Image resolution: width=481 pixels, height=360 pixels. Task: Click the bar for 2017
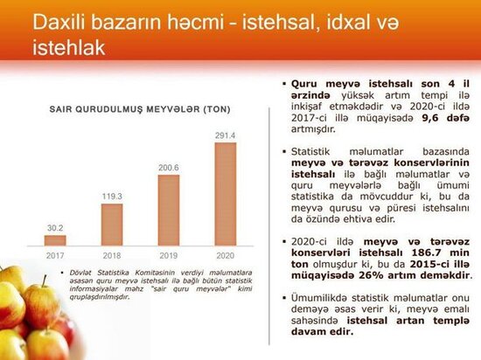tap(55, 239)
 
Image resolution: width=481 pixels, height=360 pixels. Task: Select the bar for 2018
tap(112, 223)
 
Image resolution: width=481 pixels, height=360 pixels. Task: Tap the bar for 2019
tap(169, 210)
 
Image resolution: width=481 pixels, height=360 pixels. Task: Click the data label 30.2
tap(55, 227)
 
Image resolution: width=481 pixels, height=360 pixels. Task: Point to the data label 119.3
tap(112, 197)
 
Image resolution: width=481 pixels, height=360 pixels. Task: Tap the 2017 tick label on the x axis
tap(55, 255)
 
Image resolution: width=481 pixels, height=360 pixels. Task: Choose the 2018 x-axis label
tap(112, 255)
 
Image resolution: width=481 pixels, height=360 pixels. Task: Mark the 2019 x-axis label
tap(169, 255)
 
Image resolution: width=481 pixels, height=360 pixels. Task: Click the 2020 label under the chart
tap(225, 255)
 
